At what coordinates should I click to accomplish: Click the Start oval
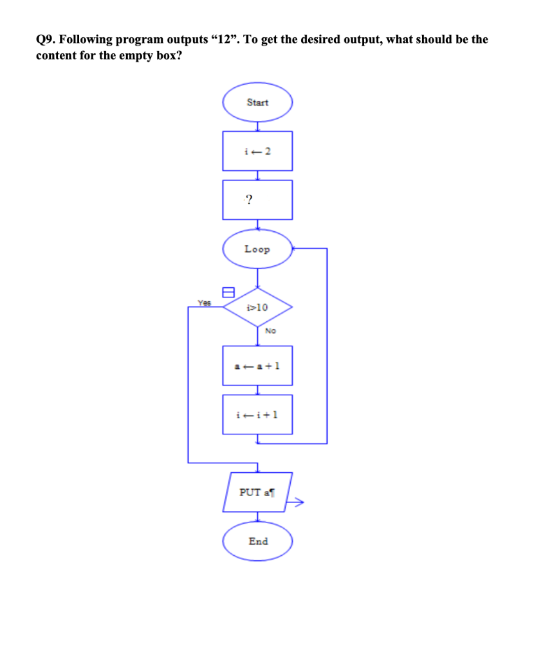(x=257, y=103)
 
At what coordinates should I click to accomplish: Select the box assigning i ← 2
(x=257, y=151)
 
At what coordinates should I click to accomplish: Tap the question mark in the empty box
(x=249, y=200)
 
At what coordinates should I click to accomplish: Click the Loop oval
(x=257, y=249)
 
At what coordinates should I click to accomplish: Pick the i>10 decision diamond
(x=257, y=307)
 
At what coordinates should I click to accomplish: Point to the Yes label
(x=204, y=301)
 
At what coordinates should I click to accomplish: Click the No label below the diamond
(x=270, y=331)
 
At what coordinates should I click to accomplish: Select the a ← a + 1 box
(x=257, y=365)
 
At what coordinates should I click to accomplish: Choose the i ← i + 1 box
(x=257, y=414)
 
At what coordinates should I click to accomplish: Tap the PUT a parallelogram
(x=257, y=492)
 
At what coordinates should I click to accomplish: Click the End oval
(x=257, y=541)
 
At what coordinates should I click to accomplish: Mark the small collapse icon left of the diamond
(x=226, y=292)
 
